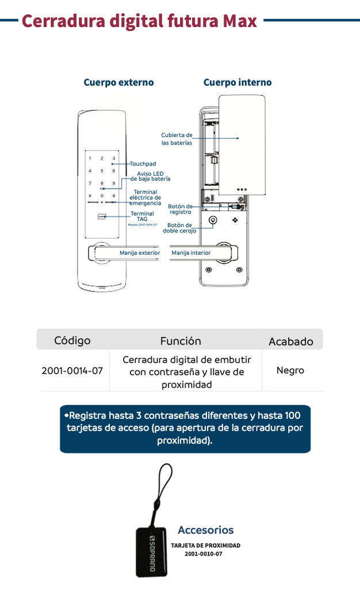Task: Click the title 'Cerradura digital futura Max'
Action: pos(139,21)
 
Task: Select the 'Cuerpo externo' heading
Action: pos(118,82)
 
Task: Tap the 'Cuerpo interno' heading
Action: pos(237,82)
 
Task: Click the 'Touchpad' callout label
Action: pos(143,164)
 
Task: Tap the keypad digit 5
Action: pos(102,171)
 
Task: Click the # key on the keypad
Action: pos(114,196)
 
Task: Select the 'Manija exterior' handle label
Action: pos(140,253)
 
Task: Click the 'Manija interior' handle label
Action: pos(191,253)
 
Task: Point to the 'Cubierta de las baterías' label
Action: pos(177,139)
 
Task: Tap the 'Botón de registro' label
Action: pos(180,209)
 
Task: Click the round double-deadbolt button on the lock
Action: pos(213,220)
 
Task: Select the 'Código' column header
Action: pos(72,341)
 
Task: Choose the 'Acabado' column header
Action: pos(290,342)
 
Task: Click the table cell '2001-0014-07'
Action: pos(72,371)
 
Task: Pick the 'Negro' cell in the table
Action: pos(290,370)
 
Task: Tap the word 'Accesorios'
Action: pos(205,530)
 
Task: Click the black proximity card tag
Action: pos(152,550)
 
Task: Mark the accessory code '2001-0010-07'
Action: pos(203,554)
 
